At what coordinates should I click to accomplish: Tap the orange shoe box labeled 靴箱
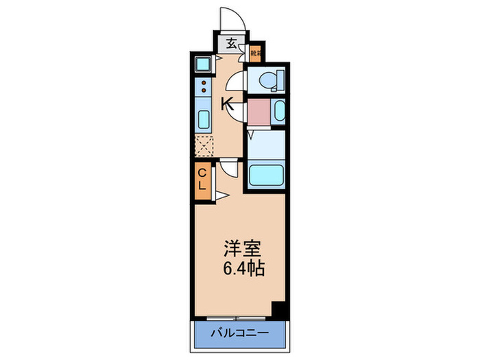tap(255, 51)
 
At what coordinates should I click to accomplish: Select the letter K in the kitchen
tap(228, 104)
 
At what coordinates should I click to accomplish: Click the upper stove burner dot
tap(204, 82)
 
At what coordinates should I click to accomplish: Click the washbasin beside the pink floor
tap(278, 112)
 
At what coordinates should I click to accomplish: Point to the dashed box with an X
tap(204, 146)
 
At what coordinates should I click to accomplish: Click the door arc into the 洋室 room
tap(228, 168)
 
